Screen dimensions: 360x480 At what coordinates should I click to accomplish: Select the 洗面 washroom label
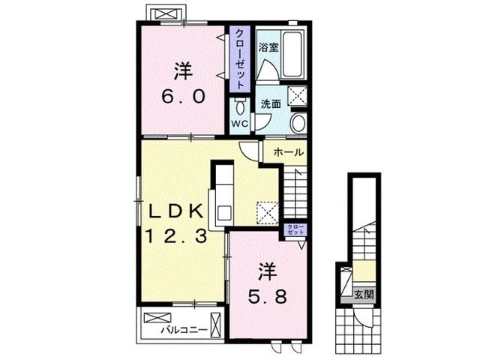(x=271, y=104)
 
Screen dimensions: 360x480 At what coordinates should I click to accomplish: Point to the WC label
(x=239, y=123)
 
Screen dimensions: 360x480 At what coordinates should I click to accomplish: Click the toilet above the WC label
(x=240, y=106)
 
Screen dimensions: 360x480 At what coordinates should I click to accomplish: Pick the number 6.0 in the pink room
(x=183, y=97)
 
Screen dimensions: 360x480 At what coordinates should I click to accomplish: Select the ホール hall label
(x=289, y=152)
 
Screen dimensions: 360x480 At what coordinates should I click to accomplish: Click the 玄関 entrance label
(x=362, y=294)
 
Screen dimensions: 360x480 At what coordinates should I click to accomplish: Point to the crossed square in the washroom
(x=298, y=96)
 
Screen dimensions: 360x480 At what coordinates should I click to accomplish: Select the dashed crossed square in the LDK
(x=268, y=211)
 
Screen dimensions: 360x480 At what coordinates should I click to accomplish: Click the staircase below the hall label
(x=295, y=191)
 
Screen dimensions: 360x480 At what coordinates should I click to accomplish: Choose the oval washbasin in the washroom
(x=298, y=124)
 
